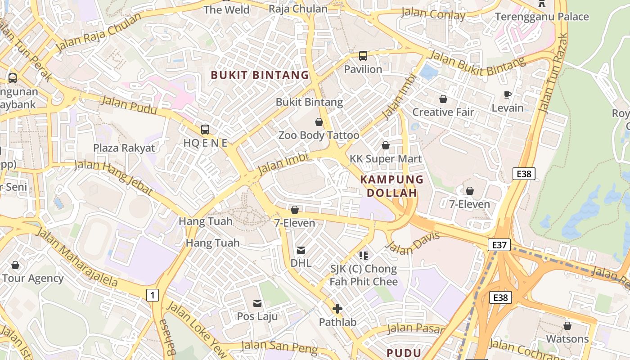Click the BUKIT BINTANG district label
click(x=260, y=75)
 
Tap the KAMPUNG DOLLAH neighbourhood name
click(x=391, y=186)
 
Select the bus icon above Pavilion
click(x=363, y=56)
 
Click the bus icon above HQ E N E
click(x=205, y=130)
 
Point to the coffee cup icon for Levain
click(x=508, y=94)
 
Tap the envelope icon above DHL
click(x=301, y=250)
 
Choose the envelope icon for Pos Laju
click(x=257, y=303)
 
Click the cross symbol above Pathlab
click(x=337, y=309)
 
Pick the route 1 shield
click(x=153, y=295)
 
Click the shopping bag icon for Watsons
click(x=567, y=325)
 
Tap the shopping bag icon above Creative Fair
click(x=443, y=99)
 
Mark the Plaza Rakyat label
click(x=124, y=148)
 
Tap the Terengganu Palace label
click(x=542, y=17)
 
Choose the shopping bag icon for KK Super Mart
click(x=386, y=145)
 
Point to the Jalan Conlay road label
click(x=433, y=14)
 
